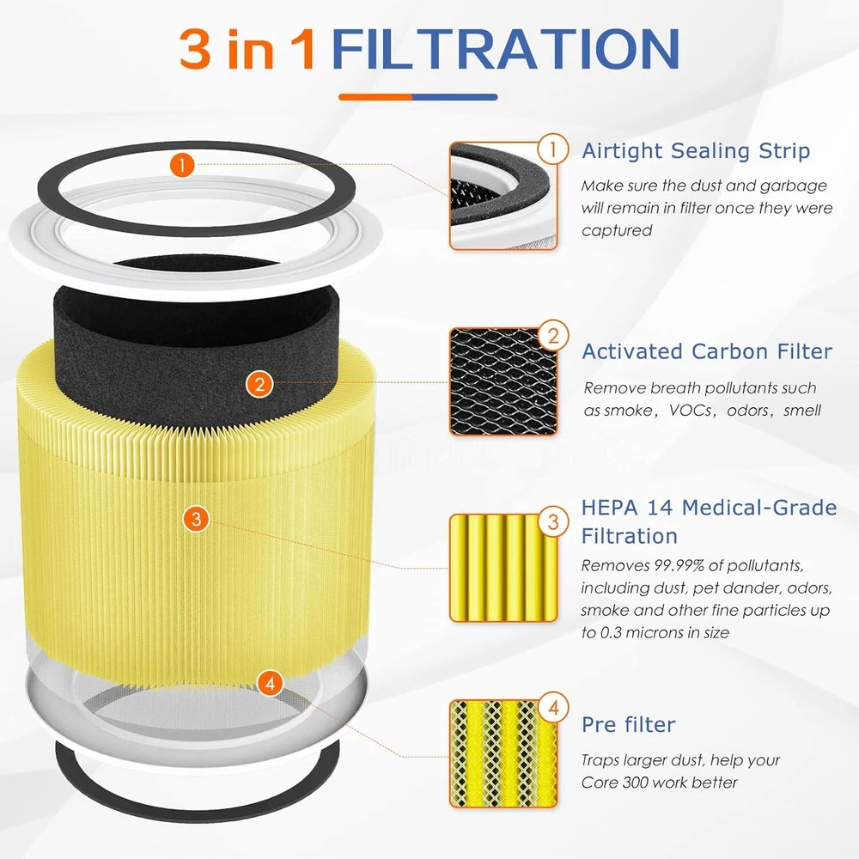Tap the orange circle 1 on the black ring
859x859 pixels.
tap(182, 164)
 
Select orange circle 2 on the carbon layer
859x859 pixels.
tap(259, 384)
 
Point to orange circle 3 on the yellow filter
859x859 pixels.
tap(196, 518)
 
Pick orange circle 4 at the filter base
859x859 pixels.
tap(270, 683)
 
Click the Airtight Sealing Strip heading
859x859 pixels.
tap(696, 150)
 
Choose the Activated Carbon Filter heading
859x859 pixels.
tap(707, 351)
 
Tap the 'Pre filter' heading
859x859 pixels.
tap(629, 724)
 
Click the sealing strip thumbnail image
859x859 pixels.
tap(503, 196)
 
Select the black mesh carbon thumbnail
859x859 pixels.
tap(503, 382)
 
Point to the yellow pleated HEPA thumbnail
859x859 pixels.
tap(503, 568)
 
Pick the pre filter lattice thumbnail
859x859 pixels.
tap(503, 754)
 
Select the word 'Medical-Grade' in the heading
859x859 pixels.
tap(759, 508)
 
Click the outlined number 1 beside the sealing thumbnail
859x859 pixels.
tap(552, 149)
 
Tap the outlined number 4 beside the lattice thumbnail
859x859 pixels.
tap(553, 707)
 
